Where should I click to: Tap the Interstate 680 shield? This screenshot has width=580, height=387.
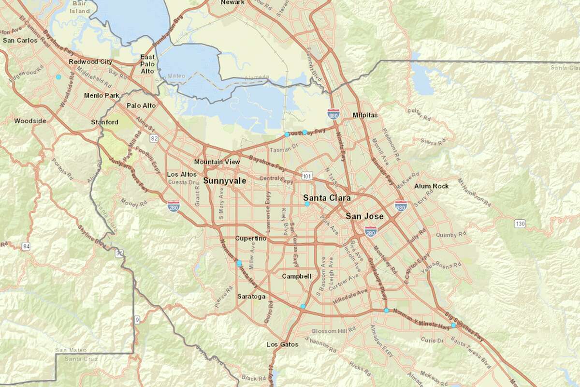pyautogui.click(x=400, y=205)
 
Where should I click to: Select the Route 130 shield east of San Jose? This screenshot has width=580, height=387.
pyautogui.click(x=520, y=223)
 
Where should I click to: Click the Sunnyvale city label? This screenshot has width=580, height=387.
pyautogui.click(x=224, y=181)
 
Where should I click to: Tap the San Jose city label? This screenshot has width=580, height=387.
pyautogui.click(x=364, y=216)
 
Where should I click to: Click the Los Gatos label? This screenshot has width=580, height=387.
pyautogui.click(x=282, y=345)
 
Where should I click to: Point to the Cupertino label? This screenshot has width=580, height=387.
pyautogui.click(x=251, y=238)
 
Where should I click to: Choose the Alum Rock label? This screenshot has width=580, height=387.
pyautogui.click(x=431, y=186)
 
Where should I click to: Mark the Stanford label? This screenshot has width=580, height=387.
pyautogui.click(x=104, y=122)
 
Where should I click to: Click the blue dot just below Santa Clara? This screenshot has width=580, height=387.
pyautogui.click(x=307, y=204)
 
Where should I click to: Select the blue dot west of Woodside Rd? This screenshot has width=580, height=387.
pyautogui.click(x=58, y=77)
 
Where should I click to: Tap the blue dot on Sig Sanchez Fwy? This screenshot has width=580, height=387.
pyautogui.click(x=453, y=326)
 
